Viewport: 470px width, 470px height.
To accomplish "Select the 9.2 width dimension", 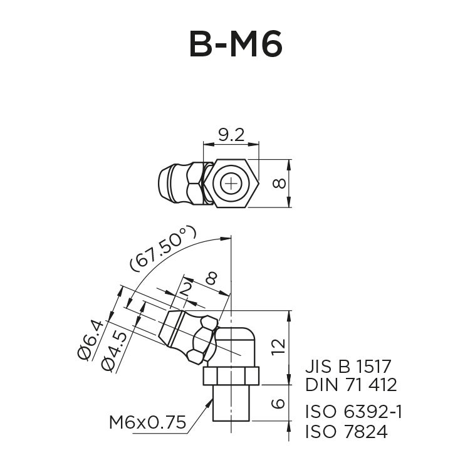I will click(x=231, y=135).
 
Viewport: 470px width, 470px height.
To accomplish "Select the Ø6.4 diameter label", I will click(x=92, y=338).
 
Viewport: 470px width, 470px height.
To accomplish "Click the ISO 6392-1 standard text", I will click(x=353, y=412).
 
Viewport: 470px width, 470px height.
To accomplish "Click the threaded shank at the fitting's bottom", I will click(x=231, y=404).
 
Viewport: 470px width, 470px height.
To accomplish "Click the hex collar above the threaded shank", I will click(x=231, y=375).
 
